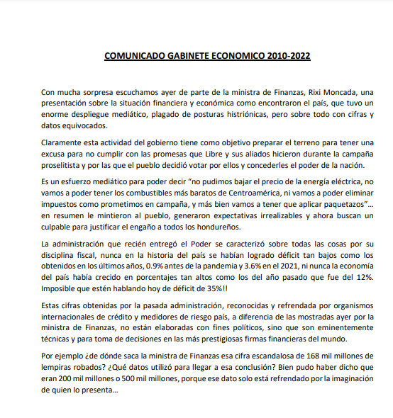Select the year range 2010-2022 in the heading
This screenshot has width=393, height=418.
click(x=284, y=55)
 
